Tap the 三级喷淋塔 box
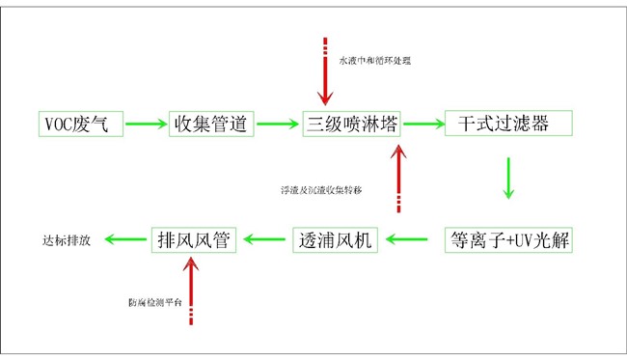pyautogui.click(x=352, y=124)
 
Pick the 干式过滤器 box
pyautogui.click(x=508, y=124)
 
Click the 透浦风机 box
pyautogui.click(x=337, y=239)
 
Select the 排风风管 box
pyautogui.click(x=195, y=239)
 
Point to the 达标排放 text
pyautogui.click(x=67, y=240)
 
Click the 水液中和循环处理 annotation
pyautogui.click(x=373, y=61)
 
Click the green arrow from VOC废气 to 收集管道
pyautogui.click(x=145, y=124)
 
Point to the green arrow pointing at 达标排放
pyautogui.click(x=125, y=239)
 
